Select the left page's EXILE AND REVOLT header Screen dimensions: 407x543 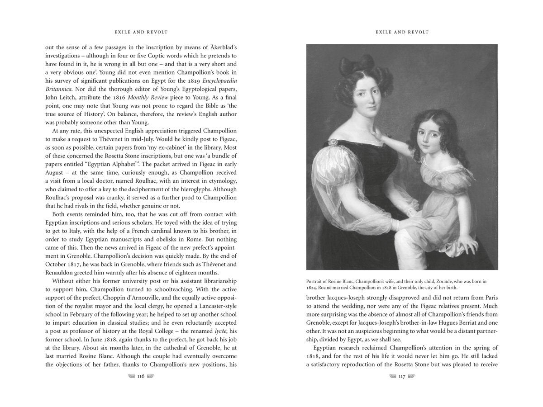pyautogui.click(x=141, y=32)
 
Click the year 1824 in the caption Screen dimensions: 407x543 pyautogui.click(x=313, y=287)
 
